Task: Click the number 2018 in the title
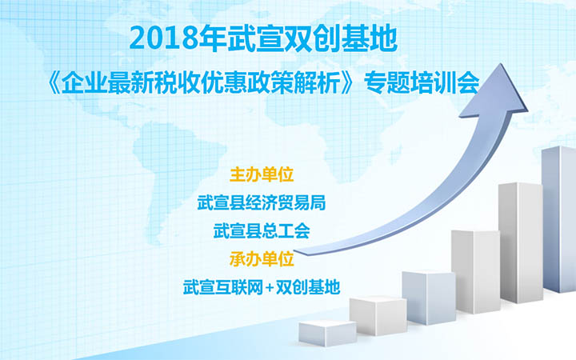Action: tap(164, 39)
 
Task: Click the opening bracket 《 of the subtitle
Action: tap(54, 84)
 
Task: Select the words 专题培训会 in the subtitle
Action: tap(422, 84)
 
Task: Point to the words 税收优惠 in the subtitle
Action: tap(201, 84)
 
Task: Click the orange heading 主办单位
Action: tap(262, 174)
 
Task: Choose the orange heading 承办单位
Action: tap(262, 259)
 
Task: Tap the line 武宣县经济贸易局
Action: tap(262, 202)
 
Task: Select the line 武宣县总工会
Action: tap(262, 230)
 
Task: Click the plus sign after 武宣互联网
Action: tap(270, 288)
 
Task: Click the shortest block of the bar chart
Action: tap(327, 333)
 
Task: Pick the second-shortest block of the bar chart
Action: tap(378, 316)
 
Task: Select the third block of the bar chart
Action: tap(429, 298)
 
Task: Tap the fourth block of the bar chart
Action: tap(476, 272)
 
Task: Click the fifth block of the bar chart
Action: tap(521, 242)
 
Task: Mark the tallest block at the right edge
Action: tap(558, 219)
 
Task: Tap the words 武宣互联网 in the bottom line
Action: tap(223, 287)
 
